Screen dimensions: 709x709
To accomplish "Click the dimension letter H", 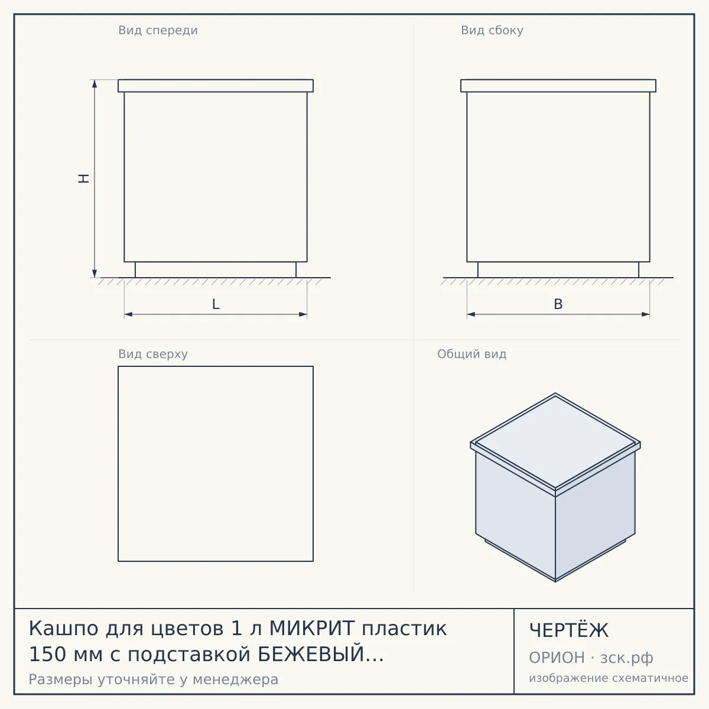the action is point(84,178).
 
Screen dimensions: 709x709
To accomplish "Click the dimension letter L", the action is point(216,304).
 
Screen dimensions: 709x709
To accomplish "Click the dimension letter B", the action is point(558,304).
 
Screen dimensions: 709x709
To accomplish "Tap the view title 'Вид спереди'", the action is point(158,31).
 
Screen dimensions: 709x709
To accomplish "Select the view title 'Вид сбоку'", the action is point(492,31).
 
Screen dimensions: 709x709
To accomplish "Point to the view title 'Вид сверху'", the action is point(153,354).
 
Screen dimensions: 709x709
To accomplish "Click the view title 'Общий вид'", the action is point(471,354).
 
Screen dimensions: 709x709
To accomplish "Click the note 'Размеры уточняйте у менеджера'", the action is point(154,679).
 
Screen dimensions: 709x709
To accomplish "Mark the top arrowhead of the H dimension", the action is point(95,83).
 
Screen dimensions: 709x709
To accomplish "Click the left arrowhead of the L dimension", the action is point(128,314).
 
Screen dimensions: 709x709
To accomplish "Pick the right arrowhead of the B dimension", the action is point(646,314).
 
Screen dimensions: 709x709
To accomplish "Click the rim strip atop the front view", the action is point(216,86).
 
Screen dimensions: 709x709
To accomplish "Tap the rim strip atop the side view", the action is point(558,86).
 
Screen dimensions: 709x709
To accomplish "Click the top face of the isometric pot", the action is point(555,441).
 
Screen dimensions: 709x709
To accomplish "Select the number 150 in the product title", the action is point(47,654).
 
